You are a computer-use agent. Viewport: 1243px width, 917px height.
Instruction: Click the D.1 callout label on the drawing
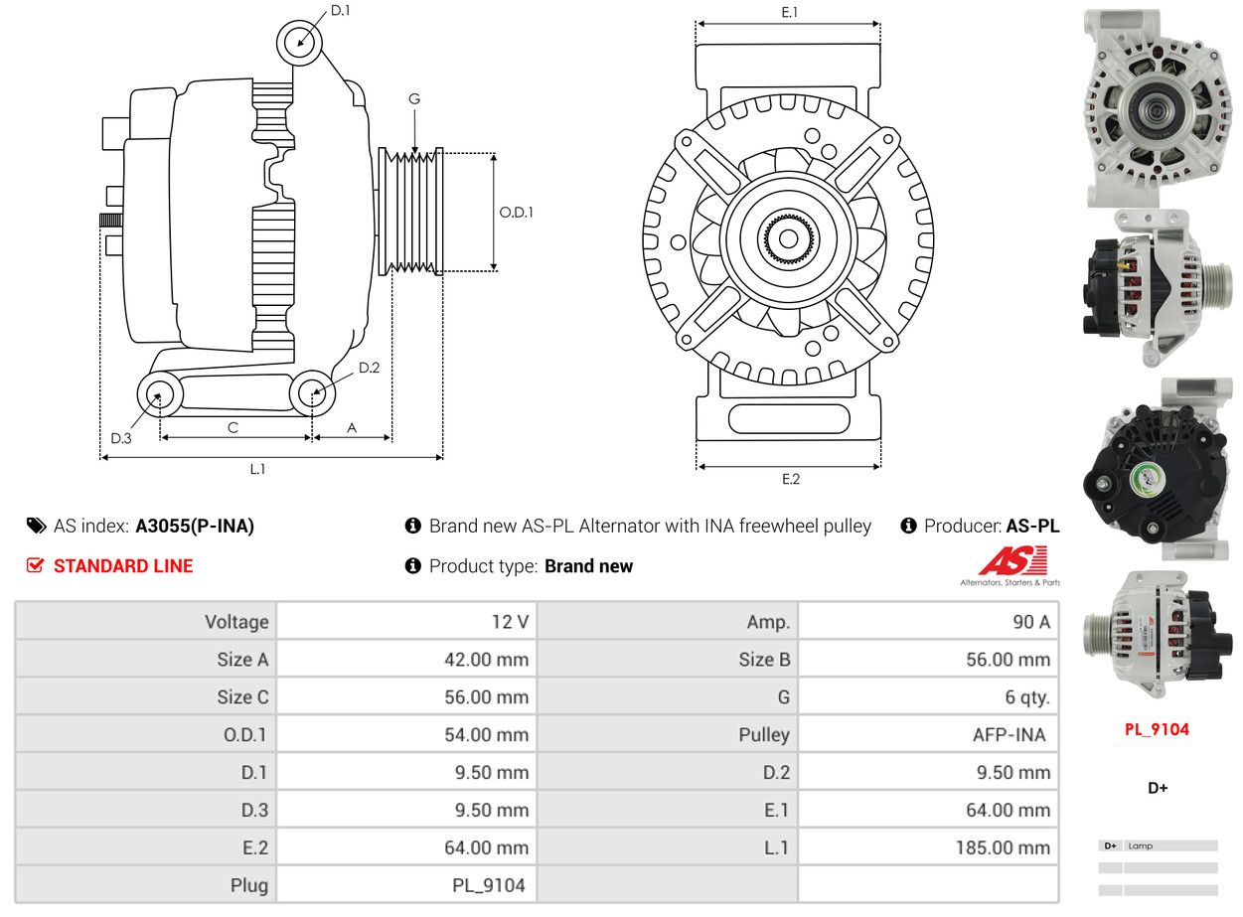pyautogui.click(x=340, y=11)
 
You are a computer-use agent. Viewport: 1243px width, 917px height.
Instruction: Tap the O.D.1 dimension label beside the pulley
pyautogui.click(x=516, y=213)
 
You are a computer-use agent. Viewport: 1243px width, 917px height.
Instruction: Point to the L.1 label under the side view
pyautogui.click(x=257, y=469)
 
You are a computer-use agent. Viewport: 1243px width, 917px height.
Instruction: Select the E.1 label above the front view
pyautogui.click(x=789, y=12)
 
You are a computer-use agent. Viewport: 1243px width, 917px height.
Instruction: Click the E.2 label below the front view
pyautogui.click(x=791, y=479)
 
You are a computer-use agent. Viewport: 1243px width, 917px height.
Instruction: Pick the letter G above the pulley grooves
pyautogui.click(x=414, y=98)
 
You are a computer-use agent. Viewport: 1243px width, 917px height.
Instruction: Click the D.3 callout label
pyautogui.click(x=120, y=438)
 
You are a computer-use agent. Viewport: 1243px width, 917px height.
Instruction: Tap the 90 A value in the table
pyautogui.click(x=1030, y=622)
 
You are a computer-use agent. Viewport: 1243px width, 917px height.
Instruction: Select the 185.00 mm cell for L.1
pyautogui.click(x=1003, y=847)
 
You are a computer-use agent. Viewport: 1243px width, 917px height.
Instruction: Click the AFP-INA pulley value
pyautogui.click(x=1009, y=734)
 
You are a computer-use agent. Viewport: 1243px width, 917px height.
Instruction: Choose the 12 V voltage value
pyautogui.click(x=510, y=622)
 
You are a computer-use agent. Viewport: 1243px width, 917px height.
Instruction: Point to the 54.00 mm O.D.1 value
pyautogui.click(x=487, y=734)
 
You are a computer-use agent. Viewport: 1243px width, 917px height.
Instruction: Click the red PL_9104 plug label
pyautogui.click(x=1157, y=729)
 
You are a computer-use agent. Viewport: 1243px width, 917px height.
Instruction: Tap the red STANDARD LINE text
pyautogui.click(x=123, y=566)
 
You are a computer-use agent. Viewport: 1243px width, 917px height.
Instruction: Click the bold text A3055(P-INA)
pyautogui.click(x=195, y=526)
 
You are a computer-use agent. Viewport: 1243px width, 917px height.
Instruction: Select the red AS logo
pyautogui.click(x=1012, y=560)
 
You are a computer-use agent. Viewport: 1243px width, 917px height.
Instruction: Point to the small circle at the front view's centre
pyautogui.click(x=788, y=238)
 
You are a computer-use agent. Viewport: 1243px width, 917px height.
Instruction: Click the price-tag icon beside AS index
pyautogui.click(x=37, y=526)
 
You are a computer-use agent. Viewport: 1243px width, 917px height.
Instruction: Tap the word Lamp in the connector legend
pyautogui.click(x=1140, y=845)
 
